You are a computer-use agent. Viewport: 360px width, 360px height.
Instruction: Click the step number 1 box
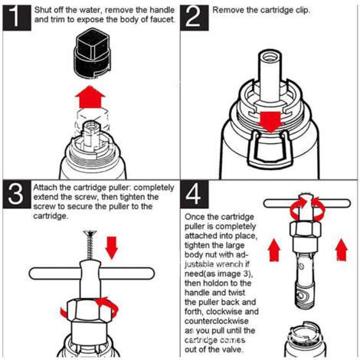click(x=17, y=18)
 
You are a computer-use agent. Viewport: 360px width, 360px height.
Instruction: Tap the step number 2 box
click(x=195, y=18)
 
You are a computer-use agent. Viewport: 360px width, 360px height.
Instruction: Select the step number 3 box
click(x=17, y=194)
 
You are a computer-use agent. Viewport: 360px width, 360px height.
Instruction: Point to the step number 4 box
click(x=195, y=194)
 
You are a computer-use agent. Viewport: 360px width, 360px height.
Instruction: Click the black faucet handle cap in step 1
click(x=92, y=53)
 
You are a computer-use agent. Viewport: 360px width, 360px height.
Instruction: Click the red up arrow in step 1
click(x=90, y=97)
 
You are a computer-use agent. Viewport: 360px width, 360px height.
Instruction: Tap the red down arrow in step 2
click(x=270, y=122)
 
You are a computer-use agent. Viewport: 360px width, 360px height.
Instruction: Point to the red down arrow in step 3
click(x=112, y=247)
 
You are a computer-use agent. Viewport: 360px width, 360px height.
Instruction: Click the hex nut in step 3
click(x=90, y=310)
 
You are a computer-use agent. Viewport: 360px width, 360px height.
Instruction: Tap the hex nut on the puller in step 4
click(x=305, y=229)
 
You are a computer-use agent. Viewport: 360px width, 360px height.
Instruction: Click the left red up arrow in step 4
click(x=274, y=250)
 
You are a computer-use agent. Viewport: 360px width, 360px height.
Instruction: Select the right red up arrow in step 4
click(x=342, y=250)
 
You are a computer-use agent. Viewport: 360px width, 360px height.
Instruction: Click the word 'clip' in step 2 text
click(x=303, y=11)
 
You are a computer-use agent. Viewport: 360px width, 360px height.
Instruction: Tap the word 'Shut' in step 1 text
click(x=42, y=10)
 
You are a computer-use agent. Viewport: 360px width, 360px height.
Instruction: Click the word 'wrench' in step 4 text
click(x=232, y=264)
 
